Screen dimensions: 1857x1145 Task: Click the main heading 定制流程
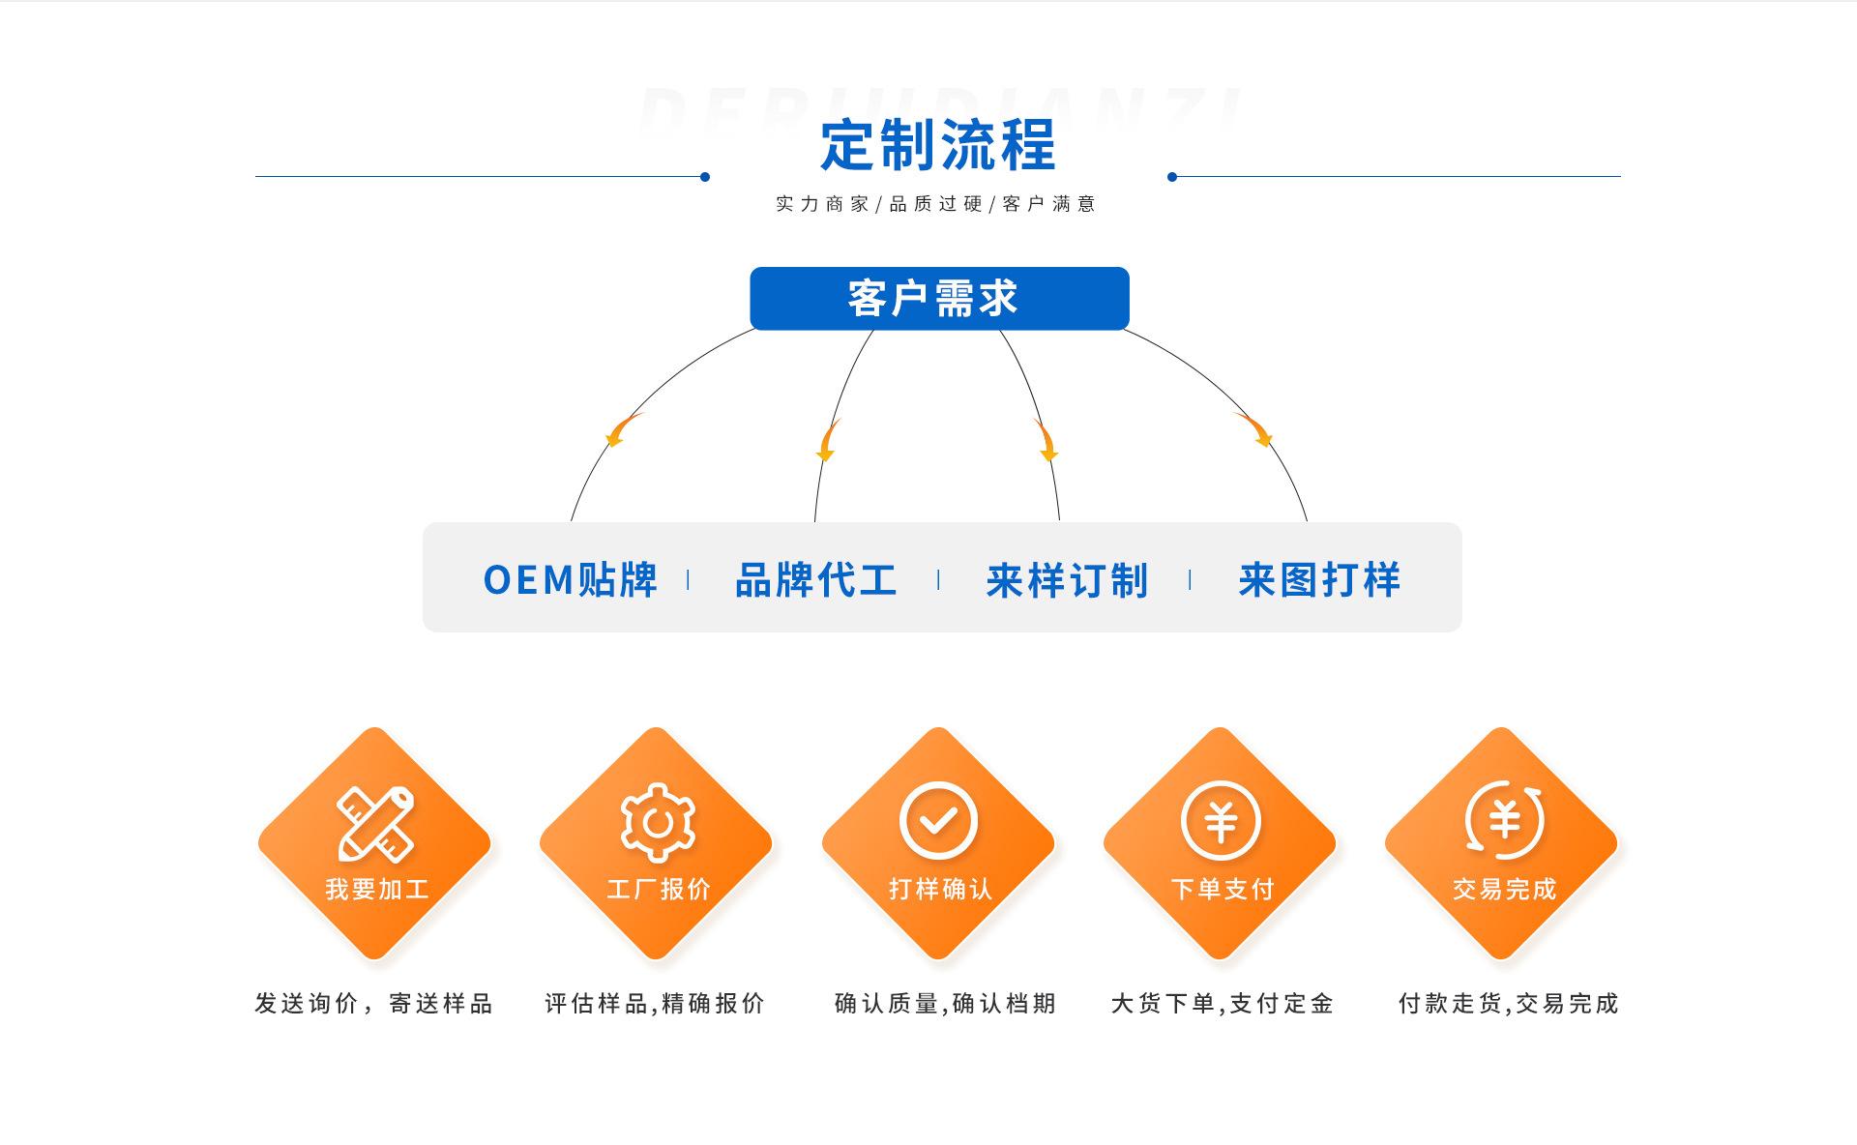[x=937, y=145]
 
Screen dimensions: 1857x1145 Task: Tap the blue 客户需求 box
[x=939, y=298]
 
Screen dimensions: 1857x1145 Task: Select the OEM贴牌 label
[x=571, y=580]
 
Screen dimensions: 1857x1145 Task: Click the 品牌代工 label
[x=816, y=580]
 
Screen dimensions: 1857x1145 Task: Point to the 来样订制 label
[x=1067, y=580]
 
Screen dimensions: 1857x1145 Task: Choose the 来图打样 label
[x=1319, y=580]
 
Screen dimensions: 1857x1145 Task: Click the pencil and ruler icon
[x=375, y=823]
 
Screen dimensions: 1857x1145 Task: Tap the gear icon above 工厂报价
[x=658, y=822]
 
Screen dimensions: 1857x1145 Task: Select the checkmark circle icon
[x=938, y=821]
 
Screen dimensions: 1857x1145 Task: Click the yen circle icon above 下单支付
[x=1221, y=821]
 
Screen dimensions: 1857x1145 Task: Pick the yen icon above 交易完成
[x=1504, y=821]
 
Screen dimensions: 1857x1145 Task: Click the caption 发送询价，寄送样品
[x=374, y=1004]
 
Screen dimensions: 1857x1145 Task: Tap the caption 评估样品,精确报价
[x=655, y=1004]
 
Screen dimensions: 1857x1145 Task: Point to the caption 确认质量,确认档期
[x=945, y=1004]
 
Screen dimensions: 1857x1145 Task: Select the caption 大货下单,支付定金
[x=1223, y=1004]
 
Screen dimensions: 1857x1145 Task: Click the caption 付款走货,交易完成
[x=1508, y=1004]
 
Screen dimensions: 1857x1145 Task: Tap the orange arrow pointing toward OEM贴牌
[x=622, y=430]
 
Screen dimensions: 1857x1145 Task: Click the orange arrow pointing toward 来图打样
[x=1254, y=430]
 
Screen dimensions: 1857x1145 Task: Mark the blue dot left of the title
[x=705, y=177]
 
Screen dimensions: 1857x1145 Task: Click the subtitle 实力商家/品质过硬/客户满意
[x=935, y=204]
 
